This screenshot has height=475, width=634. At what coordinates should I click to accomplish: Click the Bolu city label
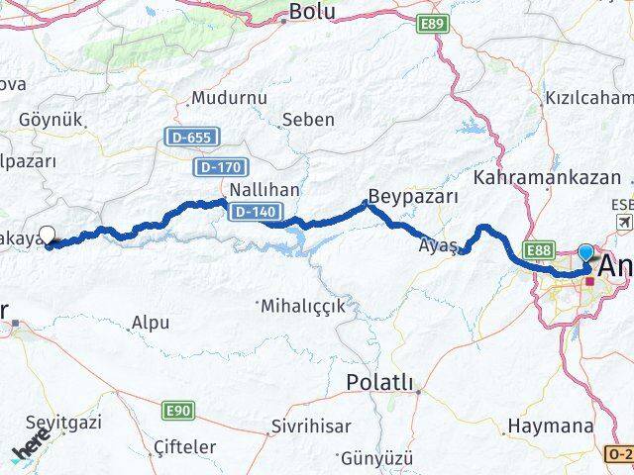311,12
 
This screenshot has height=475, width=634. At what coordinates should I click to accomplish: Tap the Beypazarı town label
412,195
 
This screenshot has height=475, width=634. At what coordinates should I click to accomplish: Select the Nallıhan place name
264,189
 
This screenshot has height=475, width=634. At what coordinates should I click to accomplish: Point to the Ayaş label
439,243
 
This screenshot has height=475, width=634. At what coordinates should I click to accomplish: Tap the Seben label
307,120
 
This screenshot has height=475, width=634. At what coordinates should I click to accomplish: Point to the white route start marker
47,237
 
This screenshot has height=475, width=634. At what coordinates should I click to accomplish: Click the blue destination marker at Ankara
586,253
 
